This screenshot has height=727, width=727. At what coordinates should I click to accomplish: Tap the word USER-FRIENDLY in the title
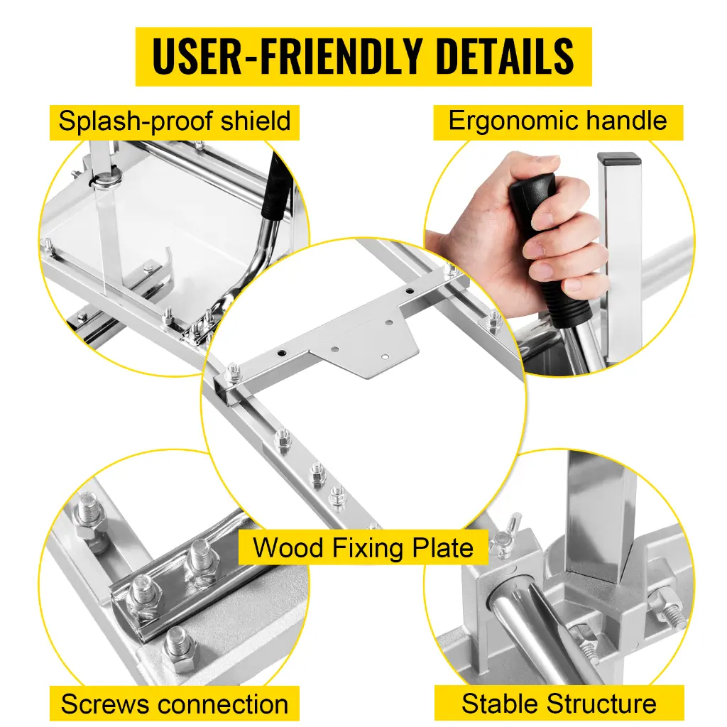(287, 56)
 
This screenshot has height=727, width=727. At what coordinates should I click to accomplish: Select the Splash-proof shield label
(175, 121)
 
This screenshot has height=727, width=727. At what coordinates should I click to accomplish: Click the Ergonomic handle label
(558, 121)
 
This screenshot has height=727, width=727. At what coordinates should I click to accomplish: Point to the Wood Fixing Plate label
(363, 547)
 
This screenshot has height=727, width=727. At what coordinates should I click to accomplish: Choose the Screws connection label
(175, 704)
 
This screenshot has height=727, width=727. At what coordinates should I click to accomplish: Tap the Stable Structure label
(559, 704)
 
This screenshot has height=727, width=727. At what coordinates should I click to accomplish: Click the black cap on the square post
(619, 159)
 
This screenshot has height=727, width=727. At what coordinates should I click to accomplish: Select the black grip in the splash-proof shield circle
(276, 187)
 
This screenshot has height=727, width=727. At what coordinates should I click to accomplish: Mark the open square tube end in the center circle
(231, 390)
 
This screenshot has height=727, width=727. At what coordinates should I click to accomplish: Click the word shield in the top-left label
(256, 121)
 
